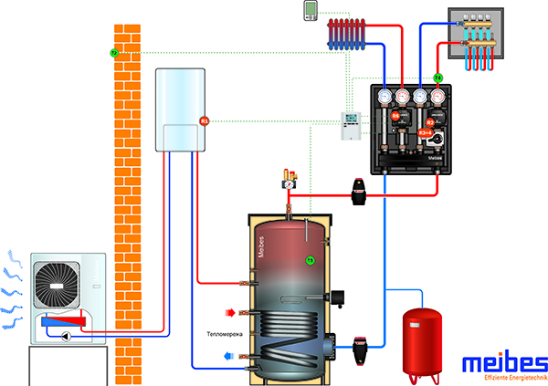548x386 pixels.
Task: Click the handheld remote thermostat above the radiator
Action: (311, 10)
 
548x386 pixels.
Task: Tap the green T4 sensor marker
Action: (437, 78)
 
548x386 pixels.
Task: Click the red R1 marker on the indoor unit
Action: (205, 120)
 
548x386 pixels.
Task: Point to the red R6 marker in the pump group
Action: (396, 116)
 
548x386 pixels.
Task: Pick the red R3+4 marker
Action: (425, 133)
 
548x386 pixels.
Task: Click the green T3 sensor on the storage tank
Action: (310, 260)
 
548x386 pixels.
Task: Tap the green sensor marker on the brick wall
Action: (114, 53)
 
